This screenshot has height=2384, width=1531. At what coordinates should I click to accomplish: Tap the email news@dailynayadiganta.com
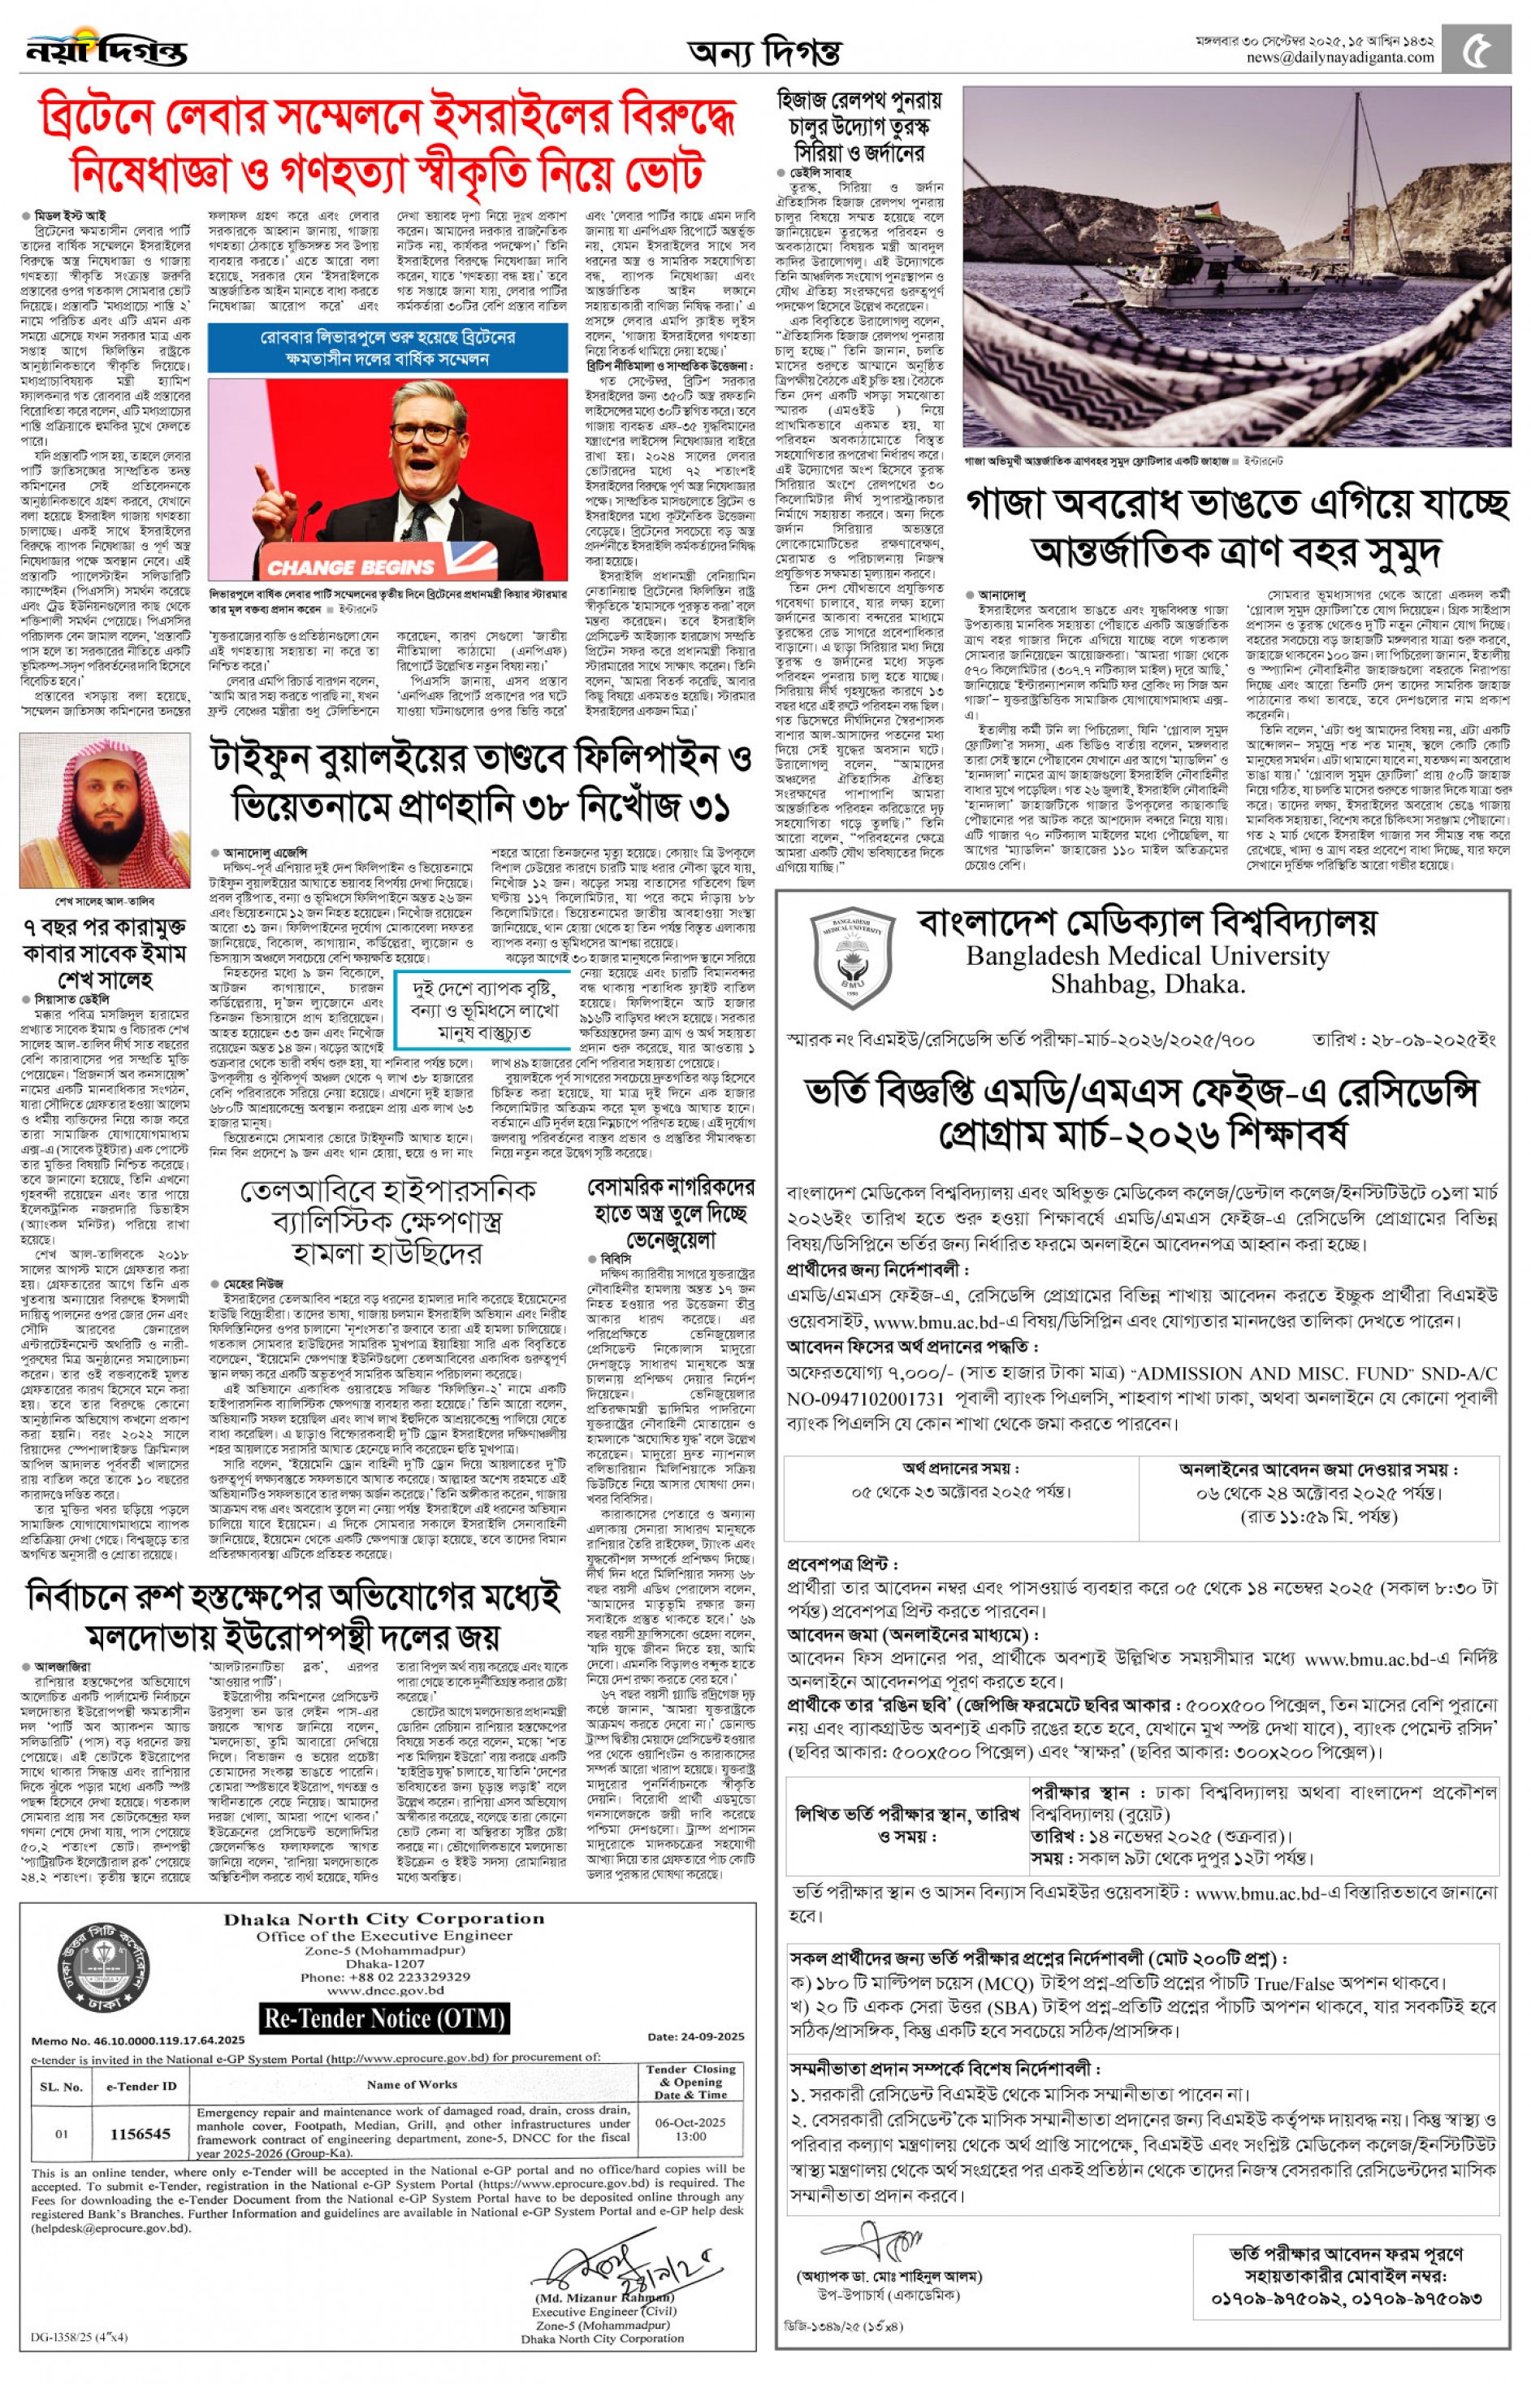click(x=1340, y=58)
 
